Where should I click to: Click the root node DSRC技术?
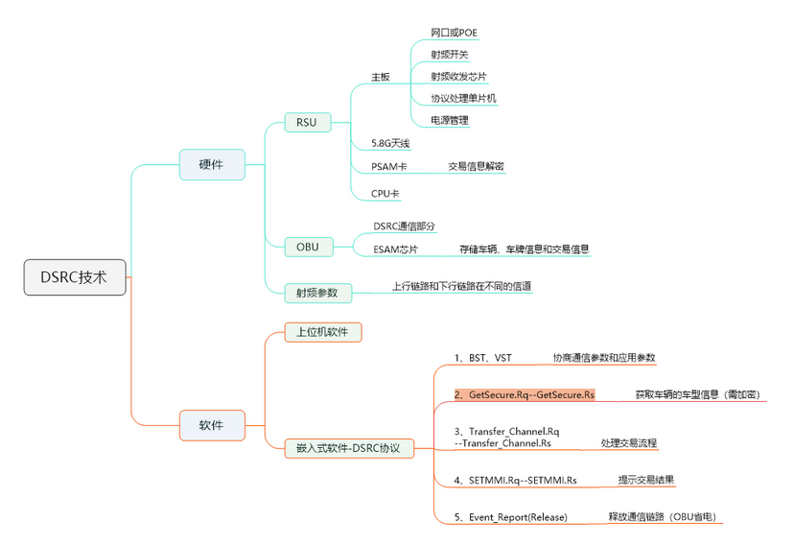tap(75, 276)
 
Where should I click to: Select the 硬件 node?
tap(211, 165)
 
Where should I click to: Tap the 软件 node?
tap(211, 424)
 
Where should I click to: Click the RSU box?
tap(307, 122)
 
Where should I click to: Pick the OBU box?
tap(308, 247)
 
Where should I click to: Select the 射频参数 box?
tap(317, 292)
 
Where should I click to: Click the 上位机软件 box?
tap(322, 332)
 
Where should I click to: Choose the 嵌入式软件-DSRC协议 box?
tap(348, 447)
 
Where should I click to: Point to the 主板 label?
tap(381, 77)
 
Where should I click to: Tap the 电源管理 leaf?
tap(450, 120)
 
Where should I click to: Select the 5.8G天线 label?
tap(391, 143)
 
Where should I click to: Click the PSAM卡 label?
tap(389, 166)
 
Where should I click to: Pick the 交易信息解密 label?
tap(476, 166)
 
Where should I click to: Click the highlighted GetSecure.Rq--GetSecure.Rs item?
tap(524, 394)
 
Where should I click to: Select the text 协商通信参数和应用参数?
tap(603, 358)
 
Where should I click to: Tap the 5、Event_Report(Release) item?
tap(510, 516)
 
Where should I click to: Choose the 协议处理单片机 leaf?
tap(463, 98)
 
